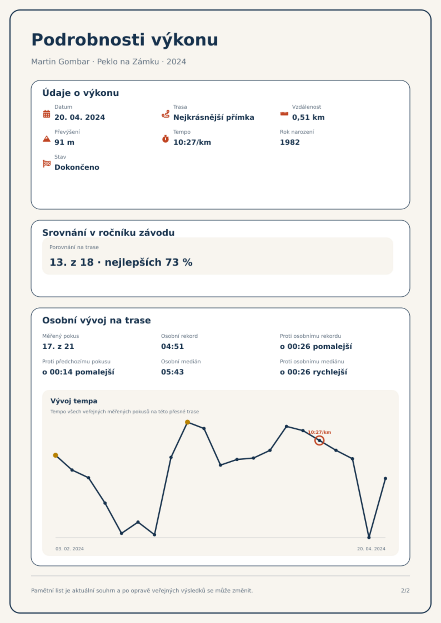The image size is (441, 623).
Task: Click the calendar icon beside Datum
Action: pyautogui.click(x=47, y=114)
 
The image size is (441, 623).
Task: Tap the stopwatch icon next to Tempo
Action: pyautogui.click(x=165, y=139)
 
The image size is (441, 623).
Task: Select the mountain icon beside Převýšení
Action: pyautogui.click(x=47, y=139)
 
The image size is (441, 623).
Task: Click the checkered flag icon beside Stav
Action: pyautogui.click(x=47, y=164)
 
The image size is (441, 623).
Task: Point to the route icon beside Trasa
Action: pyautogui.click(x=166, y=114)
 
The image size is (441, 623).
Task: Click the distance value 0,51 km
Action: pyautogui.click(x=308, y=117)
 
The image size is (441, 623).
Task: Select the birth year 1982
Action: pyautogui.click(x=290, y=142)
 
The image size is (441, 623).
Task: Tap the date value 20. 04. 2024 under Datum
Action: pyautogui.click(x=80, y=117)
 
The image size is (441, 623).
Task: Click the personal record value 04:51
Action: pyautogui.click(x=172, y=346)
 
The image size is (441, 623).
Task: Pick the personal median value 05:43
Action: pyautogui.click(x=172, y=372)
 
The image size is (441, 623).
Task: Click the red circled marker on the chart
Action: pyautogui.click(x=319, y=440)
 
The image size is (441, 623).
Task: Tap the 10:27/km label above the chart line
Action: pyautogui.click(x=319, y=432)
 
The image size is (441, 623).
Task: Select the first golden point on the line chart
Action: pyautogui.click(x=56, y=455)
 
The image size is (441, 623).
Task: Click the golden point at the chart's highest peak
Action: pyautogui.click(x=187, y=422)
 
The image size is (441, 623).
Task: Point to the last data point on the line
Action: pyautogui.click(x=385, y=478)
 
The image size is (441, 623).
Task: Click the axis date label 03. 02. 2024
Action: pyautogui.click(x=69, y=549)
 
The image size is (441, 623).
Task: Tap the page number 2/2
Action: pyautogui.click(x=405, y=591)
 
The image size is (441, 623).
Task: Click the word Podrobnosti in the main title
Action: pyautogui.click(x=88, y=40)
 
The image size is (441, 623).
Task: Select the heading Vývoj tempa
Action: pyautogui.click(x=74, y=401)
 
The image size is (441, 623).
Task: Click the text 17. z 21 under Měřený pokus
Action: pyautogui.click(x=58, y=346)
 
